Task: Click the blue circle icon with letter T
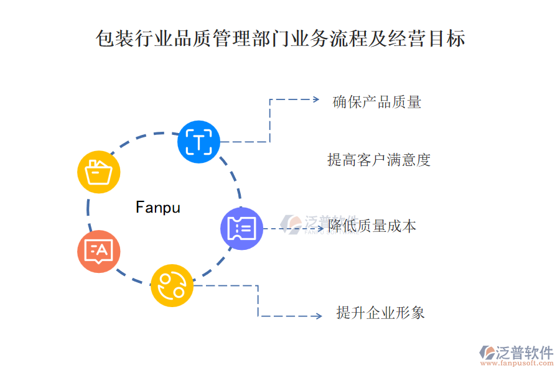(x=198, y=142)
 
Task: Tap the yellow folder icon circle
(x=99, y=172)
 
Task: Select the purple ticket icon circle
(x=241, y=229)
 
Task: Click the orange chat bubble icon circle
(x=99, y=252)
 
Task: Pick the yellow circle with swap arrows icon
(x=172, y=285)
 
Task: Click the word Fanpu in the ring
(x=158, y=207)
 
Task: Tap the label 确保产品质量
(x=377, y=101)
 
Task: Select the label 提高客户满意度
(x=379, y=160)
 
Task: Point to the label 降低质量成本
(x=372, y=226)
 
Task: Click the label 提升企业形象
(x=380, y=312)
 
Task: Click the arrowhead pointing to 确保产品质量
(x=315, y=99)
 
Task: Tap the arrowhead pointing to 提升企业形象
(x=318, y=316)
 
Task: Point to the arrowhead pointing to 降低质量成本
(x=322, y=229)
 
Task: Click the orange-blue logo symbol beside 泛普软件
(x=487, y=353)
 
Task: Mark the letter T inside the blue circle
(x=198, y=142)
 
